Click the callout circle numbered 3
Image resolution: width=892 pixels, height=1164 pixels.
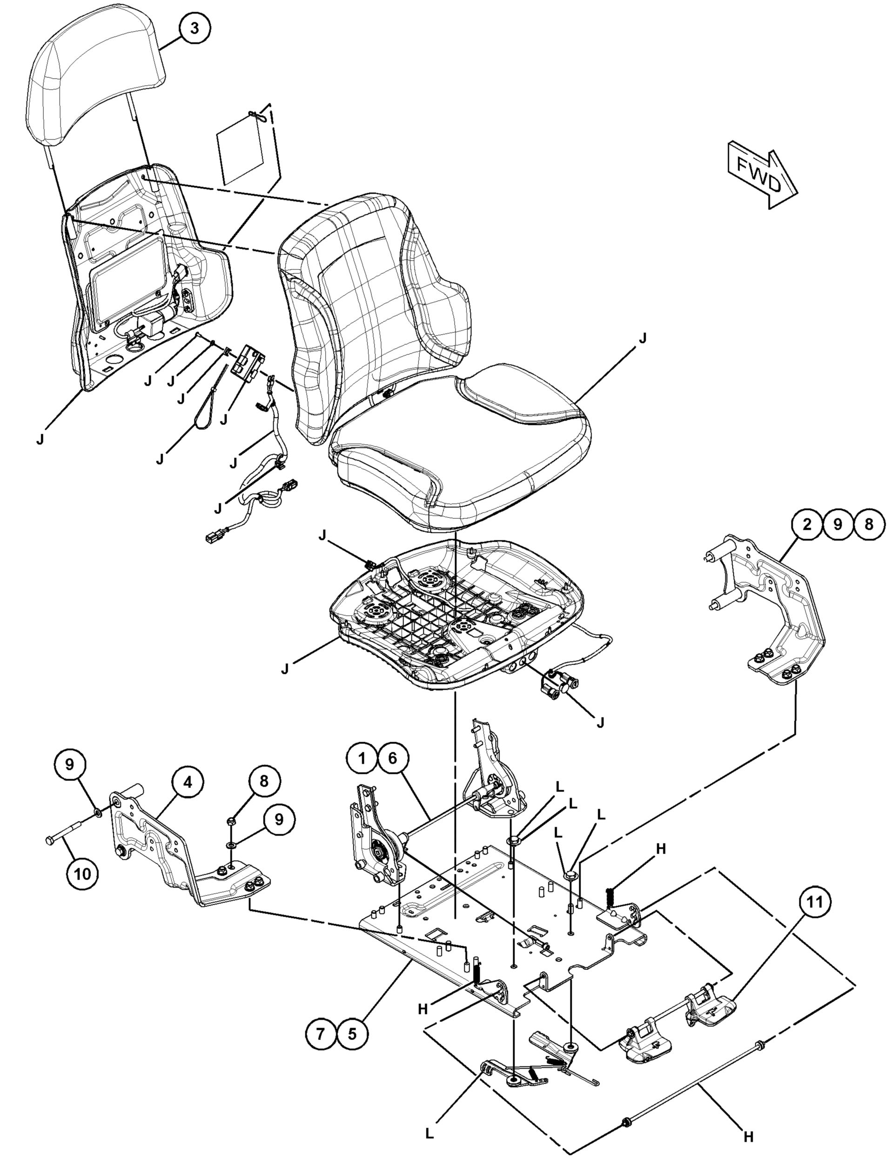[x=194, y=28]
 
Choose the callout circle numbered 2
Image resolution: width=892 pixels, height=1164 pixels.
[x=807, y=524]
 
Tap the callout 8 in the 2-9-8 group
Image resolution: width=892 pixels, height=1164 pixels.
[x=869, y=524]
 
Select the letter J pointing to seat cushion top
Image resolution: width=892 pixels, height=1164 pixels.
[x=643, y=339]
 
